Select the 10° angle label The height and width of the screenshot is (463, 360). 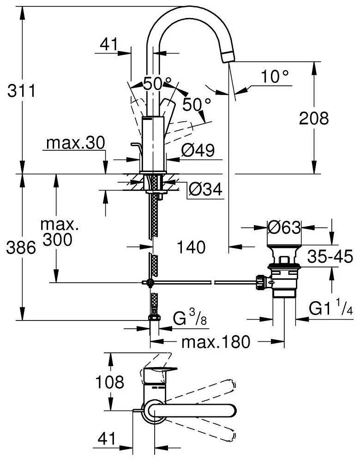(x=275, y=77)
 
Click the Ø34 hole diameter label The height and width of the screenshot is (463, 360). (x=206, y=189)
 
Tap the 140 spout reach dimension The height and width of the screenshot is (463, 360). (x=191, y=248)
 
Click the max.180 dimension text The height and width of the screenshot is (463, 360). (x=216, y=342)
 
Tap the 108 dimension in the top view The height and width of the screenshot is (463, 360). (x=110, y=382)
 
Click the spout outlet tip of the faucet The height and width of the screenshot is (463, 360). (x=229, y=57)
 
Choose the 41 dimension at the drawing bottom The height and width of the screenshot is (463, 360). (x=107, y=439)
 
